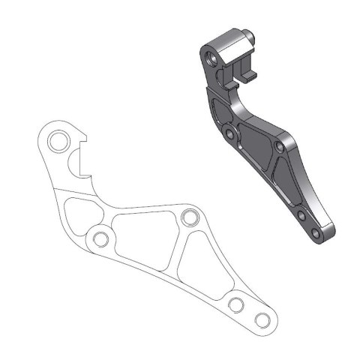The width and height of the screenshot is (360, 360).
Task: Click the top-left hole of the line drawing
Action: pyautogui.click(x=57, y=140)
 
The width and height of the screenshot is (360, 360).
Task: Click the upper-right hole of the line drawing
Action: pyautogui.click(x=188, y=218)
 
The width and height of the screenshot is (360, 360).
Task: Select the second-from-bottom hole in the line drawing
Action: pyautogui.click(x=235, y=304)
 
